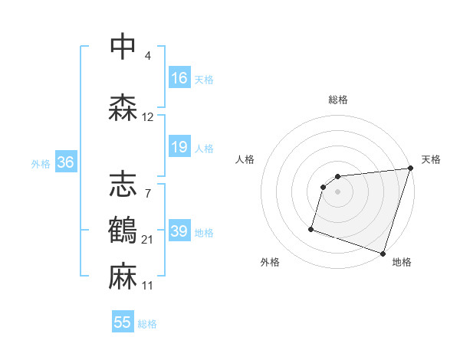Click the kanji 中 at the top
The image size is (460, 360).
pyautogui.click(x=123, y=47)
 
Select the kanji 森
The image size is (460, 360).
pyautogui.click(x=123, y=107)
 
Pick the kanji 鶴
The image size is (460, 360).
pyautogui.click(x=123, y=228)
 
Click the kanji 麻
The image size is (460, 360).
pyautogui.click(x=123, y=274)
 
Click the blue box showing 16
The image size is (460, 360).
pyautogui.click(x=179, y=77)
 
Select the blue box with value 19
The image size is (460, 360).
pyautogui.click(x=179, y=147)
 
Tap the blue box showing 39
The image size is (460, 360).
pyautogui.click(x=179, y=231)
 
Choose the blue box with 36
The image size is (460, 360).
pyautogui.click(x=65, y=162)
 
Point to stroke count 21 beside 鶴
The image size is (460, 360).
pyautogui.click(x=148, y=241)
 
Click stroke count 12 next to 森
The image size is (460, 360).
pyautogui.click(x=148, y=117)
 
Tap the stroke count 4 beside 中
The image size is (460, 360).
pyautogui.click(x=148, y=56)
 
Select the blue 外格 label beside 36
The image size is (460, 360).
pyautogui.click(x=41, y=163)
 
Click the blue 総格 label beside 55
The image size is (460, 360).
pyautogui.click(x=147, y=324)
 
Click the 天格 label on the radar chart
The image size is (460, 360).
pyautogui.click(x=431, y=159)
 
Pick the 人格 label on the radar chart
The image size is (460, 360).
pyautogui.click(x=245, y=159)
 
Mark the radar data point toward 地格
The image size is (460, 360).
pyautogui.click(x=383, y=253)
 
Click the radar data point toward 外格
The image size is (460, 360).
pyautogui.click(x=311, y=228)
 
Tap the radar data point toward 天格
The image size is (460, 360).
pyautogui.click(x=410, y=169)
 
